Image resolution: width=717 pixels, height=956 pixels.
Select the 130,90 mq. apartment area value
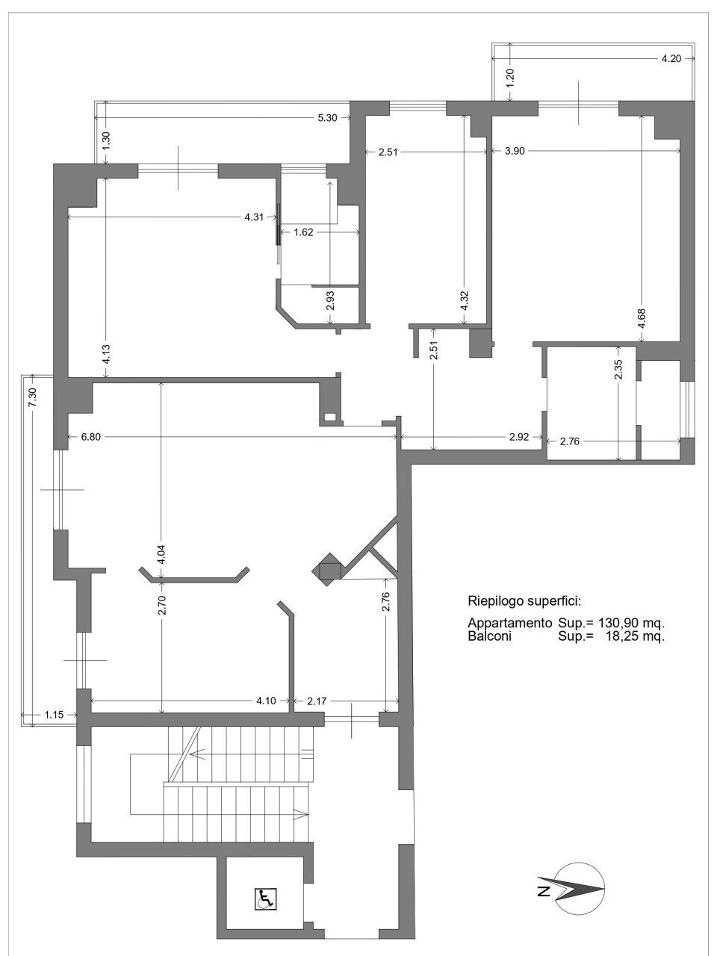[632, 623]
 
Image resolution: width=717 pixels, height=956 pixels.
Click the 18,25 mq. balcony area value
[635, 636]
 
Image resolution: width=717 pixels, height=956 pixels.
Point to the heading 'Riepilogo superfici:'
[524, 602]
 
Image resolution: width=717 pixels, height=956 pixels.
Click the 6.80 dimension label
[90, 436]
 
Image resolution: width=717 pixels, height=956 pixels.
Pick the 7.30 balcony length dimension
[33, 397]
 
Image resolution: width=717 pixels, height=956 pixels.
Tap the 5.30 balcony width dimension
[327, 117]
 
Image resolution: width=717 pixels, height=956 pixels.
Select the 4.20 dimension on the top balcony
[671, 59]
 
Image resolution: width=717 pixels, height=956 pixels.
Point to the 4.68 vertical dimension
[642, 319]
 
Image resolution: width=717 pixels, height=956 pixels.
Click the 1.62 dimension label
[303, 232]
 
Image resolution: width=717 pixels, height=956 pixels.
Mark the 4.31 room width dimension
[254, 217]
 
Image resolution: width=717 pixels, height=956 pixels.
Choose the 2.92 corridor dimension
[519, 437]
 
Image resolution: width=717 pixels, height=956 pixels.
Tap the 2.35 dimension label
[618, 369]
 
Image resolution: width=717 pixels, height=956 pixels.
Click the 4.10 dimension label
[266, 701]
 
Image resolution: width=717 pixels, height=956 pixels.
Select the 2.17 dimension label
[317, 701]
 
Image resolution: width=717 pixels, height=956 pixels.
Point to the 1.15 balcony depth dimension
[54, 714]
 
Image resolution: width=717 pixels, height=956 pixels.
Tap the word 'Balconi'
[490, 636]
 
